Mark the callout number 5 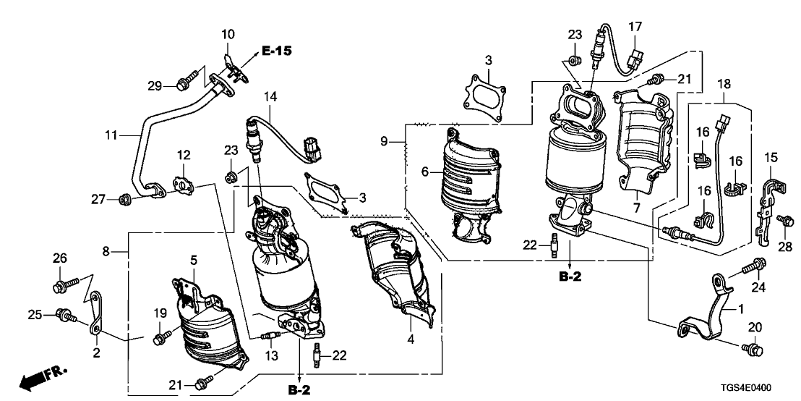tap(193, 259)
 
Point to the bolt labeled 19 tap(163, 336)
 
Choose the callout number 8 tap(106, 251)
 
